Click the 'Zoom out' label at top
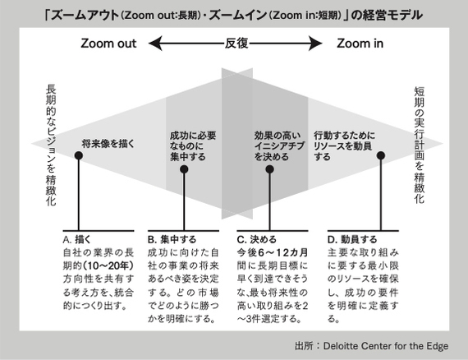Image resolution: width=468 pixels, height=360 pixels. [x=108, y=44]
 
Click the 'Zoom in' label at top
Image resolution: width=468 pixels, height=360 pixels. [x=360, y=44]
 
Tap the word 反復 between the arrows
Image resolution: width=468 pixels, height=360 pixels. [x=236, y=44]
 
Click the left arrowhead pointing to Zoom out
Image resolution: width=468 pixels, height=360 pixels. [x=155, y=44]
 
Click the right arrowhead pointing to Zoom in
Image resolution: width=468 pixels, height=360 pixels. [x=315, y=44]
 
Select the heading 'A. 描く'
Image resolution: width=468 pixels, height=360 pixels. [x=76, y=240]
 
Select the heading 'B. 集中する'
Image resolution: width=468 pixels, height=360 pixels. [x=172, y=240]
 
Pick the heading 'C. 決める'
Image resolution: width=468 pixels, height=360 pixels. [x=257, y=240]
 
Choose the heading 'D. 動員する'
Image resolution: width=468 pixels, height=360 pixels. [x=352, y=240]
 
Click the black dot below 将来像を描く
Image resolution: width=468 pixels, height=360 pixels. [x=79, y=155]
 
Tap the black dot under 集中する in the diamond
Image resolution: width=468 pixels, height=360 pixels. [x=184, y=169]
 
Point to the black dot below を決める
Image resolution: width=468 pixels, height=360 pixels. [x=270, y=169]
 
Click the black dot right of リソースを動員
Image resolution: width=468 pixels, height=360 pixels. [x=381, y=155]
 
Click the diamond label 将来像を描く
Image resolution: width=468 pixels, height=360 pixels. [x=108, y=144]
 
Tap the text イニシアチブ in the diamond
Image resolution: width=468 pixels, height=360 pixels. [x=279, y=146]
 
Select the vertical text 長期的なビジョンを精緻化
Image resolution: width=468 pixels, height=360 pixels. [x=51, y=145]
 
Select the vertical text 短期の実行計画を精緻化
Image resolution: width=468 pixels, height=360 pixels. [x=419, y=145]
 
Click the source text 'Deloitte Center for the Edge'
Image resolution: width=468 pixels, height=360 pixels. [x=386, y=346]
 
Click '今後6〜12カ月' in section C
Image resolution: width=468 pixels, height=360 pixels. [x=273, y=253]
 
